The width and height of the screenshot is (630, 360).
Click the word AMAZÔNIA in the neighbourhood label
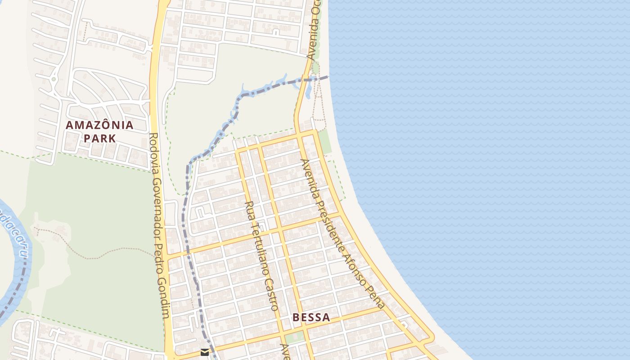pyautogui.click(x=99, y=125)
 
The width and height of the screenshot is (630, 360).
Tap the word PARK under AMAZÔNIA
pyautogui.click(x=99, y=138)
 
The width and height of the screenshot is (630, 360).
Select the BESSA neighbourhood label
pyautogui.click(x=311, y=317)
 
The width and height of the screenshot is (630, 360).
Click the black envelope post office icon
pyautogui.click(x=205, y=352)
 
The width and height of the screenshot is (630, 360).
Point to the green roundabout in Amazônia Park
pyautogui.click(x=54, y=79)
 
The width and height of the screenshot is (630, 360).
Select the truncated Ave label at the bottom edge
pyautogui.click(x=284, y=352)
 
